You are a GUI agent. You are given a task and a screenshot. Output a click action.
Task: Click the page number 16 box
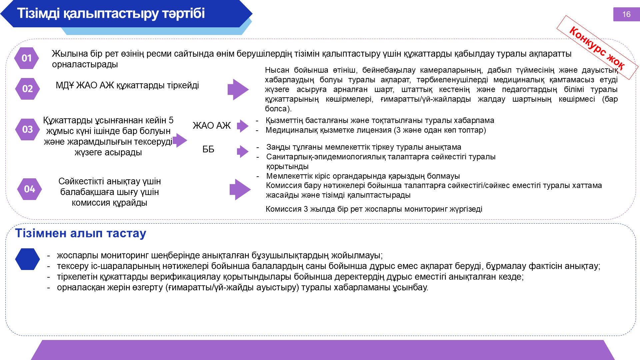pyautogui.click(x=626, y=14)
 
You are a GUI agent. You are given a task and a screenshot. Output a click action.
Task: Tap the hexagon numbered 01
pyautogui.click(x=26, y=58)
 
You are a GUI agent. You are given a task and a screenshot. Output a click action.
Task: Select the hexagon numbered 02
pyautogui.click(x=27, y=89)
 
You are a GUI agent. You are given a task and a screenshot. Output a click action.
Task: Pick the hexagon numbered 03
pyautogui.click(x=27, y=129)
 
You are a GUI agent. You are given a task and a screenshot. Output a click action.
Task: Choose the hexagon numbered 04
pyautogui.click(x=29, y=189)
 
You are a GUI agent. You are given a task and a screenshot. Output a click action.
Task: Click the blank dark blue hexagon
pyautogui.click(x=27, y=259)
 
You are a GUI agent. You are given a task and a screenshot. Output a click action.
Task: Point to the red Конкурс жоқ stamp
pyautogui.click(x=597, y=48)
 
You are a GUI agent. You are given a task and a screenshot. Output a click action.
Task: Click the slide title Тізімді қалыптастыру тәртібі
pyautogui.click(x=111, y=14)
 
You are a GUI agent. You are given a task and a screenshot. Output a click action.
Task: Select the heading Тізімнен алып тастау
pyautogui.click(x=81, y=233)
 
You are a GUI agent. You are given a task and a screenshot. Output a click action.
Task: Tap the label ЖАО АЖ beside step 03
pyautogui.click(x=212, y=126)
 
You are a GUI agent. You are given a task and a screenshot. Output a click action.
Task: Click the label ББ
pyautogui.click(x=208, y=149)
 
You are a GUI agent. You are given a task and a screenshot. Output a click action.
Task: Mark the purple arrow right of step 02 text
pyautogui.click(x=238, y=89)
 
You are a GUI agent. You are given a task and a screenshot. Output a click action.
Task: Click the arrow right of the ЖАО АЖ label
pyautogui.click(x=243, y=126)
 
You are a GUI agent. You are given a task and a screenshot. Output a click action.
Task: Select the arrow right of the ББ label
pyautogui.click(x=243, y=151)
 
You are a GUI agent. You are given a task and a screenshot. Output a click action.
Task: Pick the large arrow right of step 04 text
pyautogui.click(x=240, y=189)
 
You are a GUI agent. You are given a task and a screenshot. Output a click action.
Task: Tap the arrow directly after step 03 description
pyautogui.click(x=180, y=140)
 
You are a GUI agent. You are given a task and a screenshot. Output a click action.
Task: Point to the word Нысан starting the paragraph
pyautogui.click(x=277, y=70)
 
